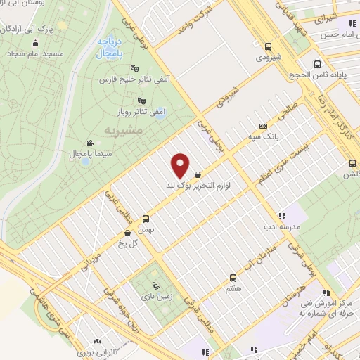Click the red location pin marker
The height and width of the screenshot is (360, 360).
tap(181, 165)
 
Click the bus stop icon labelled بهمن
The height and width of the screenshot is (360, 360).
tap(146, 219)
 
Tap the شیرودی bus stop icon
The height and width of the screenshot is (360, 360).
tap(267, 46)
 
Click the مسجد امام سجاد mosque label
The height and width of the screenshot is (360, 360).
tap(37, 53)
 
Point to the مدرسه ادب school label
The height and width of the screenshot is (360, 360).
tap(281, 226)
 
